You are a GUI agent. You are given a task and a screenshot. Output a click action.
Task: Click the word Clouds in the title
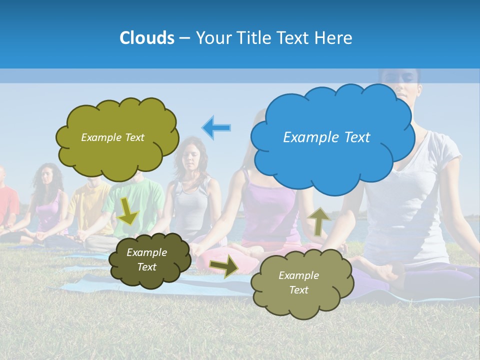coord(146,38)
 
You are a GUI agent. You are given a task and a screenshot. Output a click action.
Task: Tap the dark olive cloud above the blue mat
coord(149,260)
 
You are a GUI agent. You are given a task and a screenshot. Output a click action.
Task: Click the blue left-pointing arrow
coord(216,127)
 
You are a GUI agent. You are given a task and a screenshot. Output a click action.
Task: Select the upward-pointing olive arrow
coord(318,220)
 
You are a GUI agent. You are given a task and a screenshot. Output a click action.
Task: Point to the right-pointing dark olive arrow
coord(224,265)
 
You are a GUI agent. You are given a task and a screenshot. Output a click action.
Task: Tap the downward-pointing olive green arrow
coord(128,210)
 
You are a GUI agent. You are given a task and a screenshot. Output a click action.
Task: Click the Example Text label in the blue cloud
coord(326,137)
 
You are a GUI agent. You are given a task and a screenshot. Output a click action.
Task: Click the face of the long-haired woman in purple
coord(47,178)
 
